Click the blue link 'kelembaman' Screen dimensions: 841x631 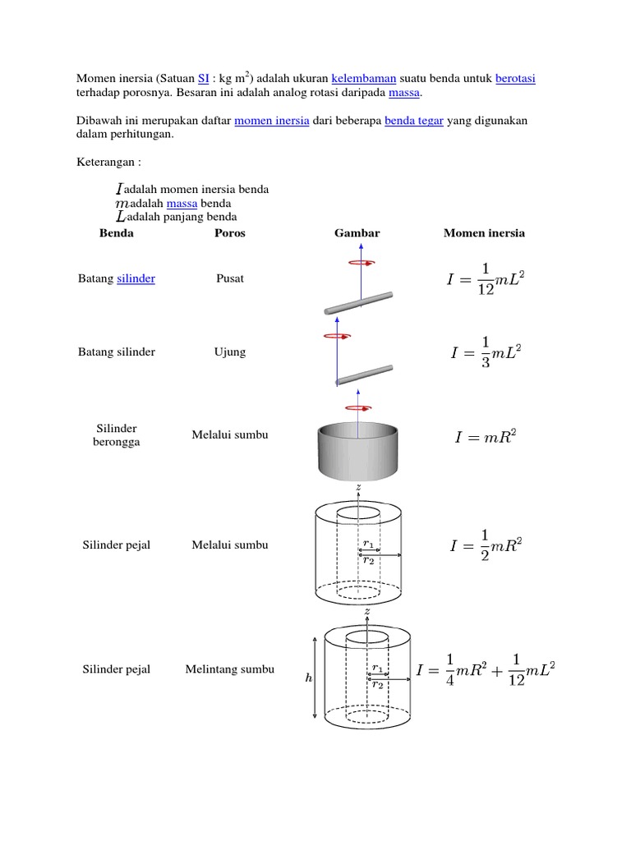click(x=364, y=78)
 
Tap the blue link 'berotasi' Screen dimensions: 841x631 click(x=515, y=78)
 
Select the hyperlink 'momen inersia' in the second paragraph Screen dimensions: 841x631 click(x=272, y=121)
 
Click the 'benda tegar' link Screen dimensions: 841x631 click(x=413, y=121)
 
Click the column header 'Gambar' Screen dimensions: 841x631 click(x=357, y=233)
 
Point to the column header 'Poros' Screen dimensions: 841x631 click(x=229, y=233)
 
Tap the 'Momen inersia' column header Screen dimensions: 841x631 click(x=484, y=233)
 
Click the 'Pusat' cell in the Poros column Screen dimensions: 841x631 click(x=230, y=278)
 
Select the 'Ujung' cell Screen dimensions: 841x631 click(x=230, y=352)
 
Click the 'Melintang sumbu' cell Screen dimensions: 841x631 click(x=230, y=669)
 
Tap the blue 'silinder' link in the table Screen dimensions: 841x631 click(x=136, y=278)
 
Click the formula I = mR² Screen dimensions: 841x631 click(x=486, y=438)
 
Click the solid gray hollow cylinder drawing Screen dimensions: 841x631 click(x=358, y=452)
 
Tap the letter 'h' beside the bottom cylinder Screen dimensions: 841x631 click(x=308, y=679)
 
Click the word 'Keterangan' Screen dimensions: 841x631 click(x=103, y=163)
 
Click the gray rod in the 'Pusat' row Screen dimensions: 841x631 click(x=357, y=302)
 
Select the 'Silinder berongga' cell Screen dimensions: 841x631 click(x=116, y=434)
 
